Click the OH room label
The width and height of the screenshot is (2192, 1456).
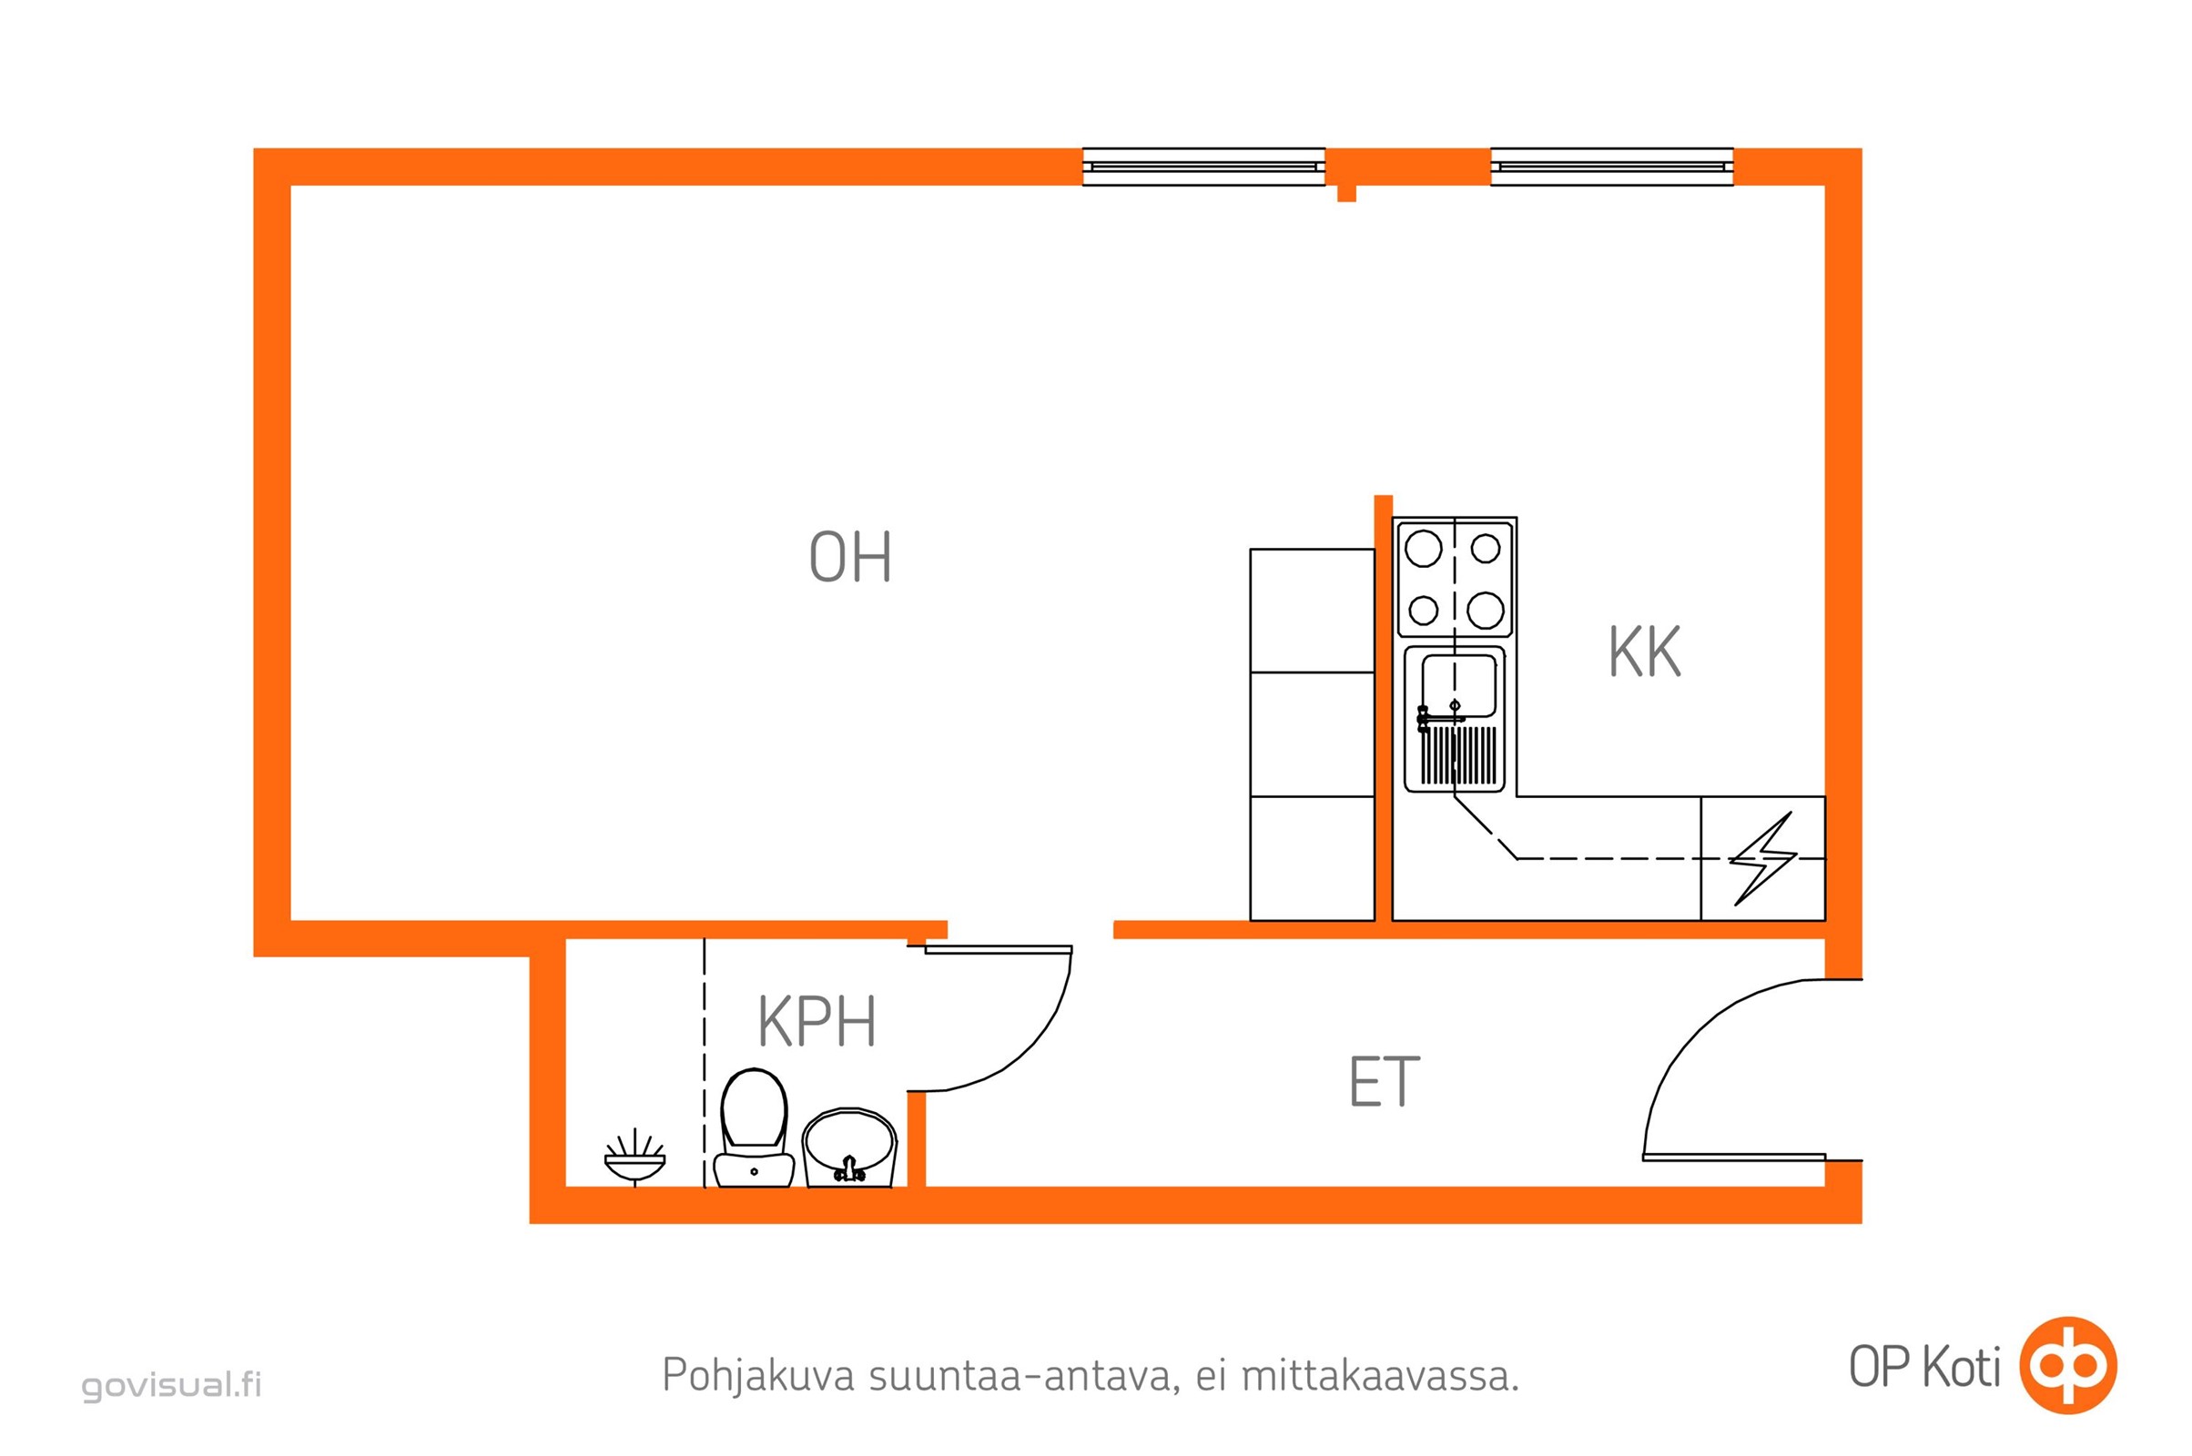click(x=850, y=557)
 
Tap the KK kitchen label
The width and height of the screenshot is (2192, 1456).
click(x=1644, y=652)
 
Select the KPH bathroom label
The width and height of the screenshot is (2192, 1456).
click(x=817, y=1022)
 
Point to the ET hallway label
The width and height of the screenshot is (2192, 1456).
click(x=1384, y=1083)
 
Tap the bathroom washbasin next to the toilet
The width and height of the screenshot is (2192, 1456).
click(x=849, y=1148)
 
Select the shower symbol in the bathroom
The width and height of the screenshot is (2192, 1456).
click(x=634, y=1157)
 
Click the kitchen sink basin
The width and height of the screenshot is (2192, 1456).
click(x=1458, y=685)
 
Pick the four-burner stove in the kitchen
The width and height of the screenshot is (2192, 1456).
click(x=1455, y=579)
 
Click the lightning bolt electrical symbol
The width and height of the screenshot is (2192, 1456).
click(x=1763, y=859)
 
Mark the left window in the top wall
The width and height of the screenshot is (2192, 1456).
click(x=1203, y=167)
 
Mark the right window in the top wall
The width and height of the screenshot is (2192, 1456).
click(x=1611, y=167)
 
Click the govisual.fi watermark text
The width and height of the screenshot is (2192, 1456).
click(x=172, y=1384)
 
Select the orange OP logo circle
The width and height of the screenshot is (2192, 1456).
click(x=2069, y=1365)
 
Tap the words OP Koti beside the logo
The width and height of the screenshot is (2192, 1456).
click(x=1924, y=1367)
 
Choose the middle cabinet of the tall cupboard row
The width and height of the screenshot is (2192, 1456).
click(x=1312, y=734)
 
